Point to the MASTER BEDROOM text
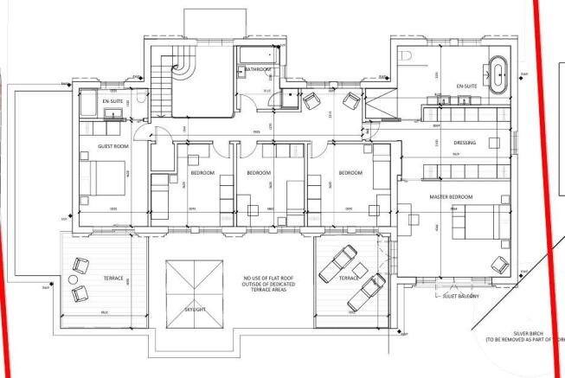point(452,197)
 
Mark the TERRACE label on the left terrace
point(112,278)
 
